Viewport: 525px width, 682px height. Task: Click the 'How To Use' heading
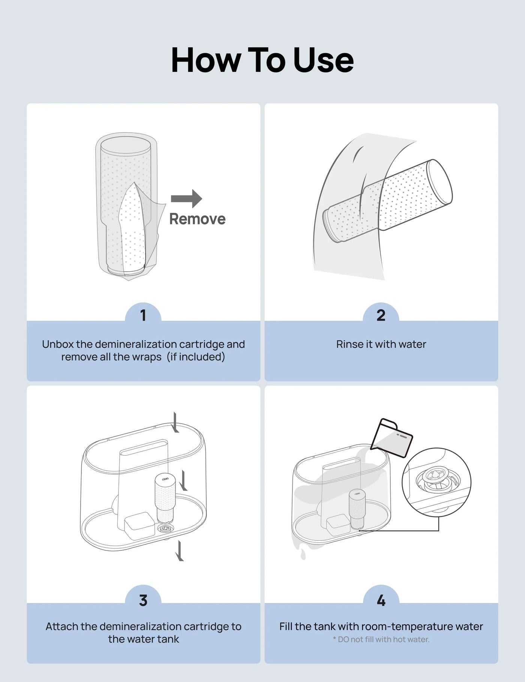(262, 60)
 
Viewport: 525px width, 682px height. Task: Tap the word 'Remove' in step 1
(197, 219)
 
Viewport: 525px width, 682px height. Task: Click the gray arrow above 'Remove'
(187, 198)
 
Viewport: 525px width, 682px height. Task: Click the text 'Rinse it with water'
(381, 344)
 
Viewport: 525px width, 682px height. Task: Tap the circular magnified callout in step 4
(436, 482)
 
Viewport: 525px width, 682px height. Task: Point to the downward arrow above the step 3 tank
(175, 422)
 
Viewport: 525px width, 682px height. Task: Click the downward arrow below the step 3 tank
(180, 551)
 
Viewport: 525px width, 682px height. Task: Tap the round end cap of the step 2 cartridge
(440, 182)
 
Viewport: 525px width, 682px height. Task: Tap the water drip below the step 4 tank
(303, 554)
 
